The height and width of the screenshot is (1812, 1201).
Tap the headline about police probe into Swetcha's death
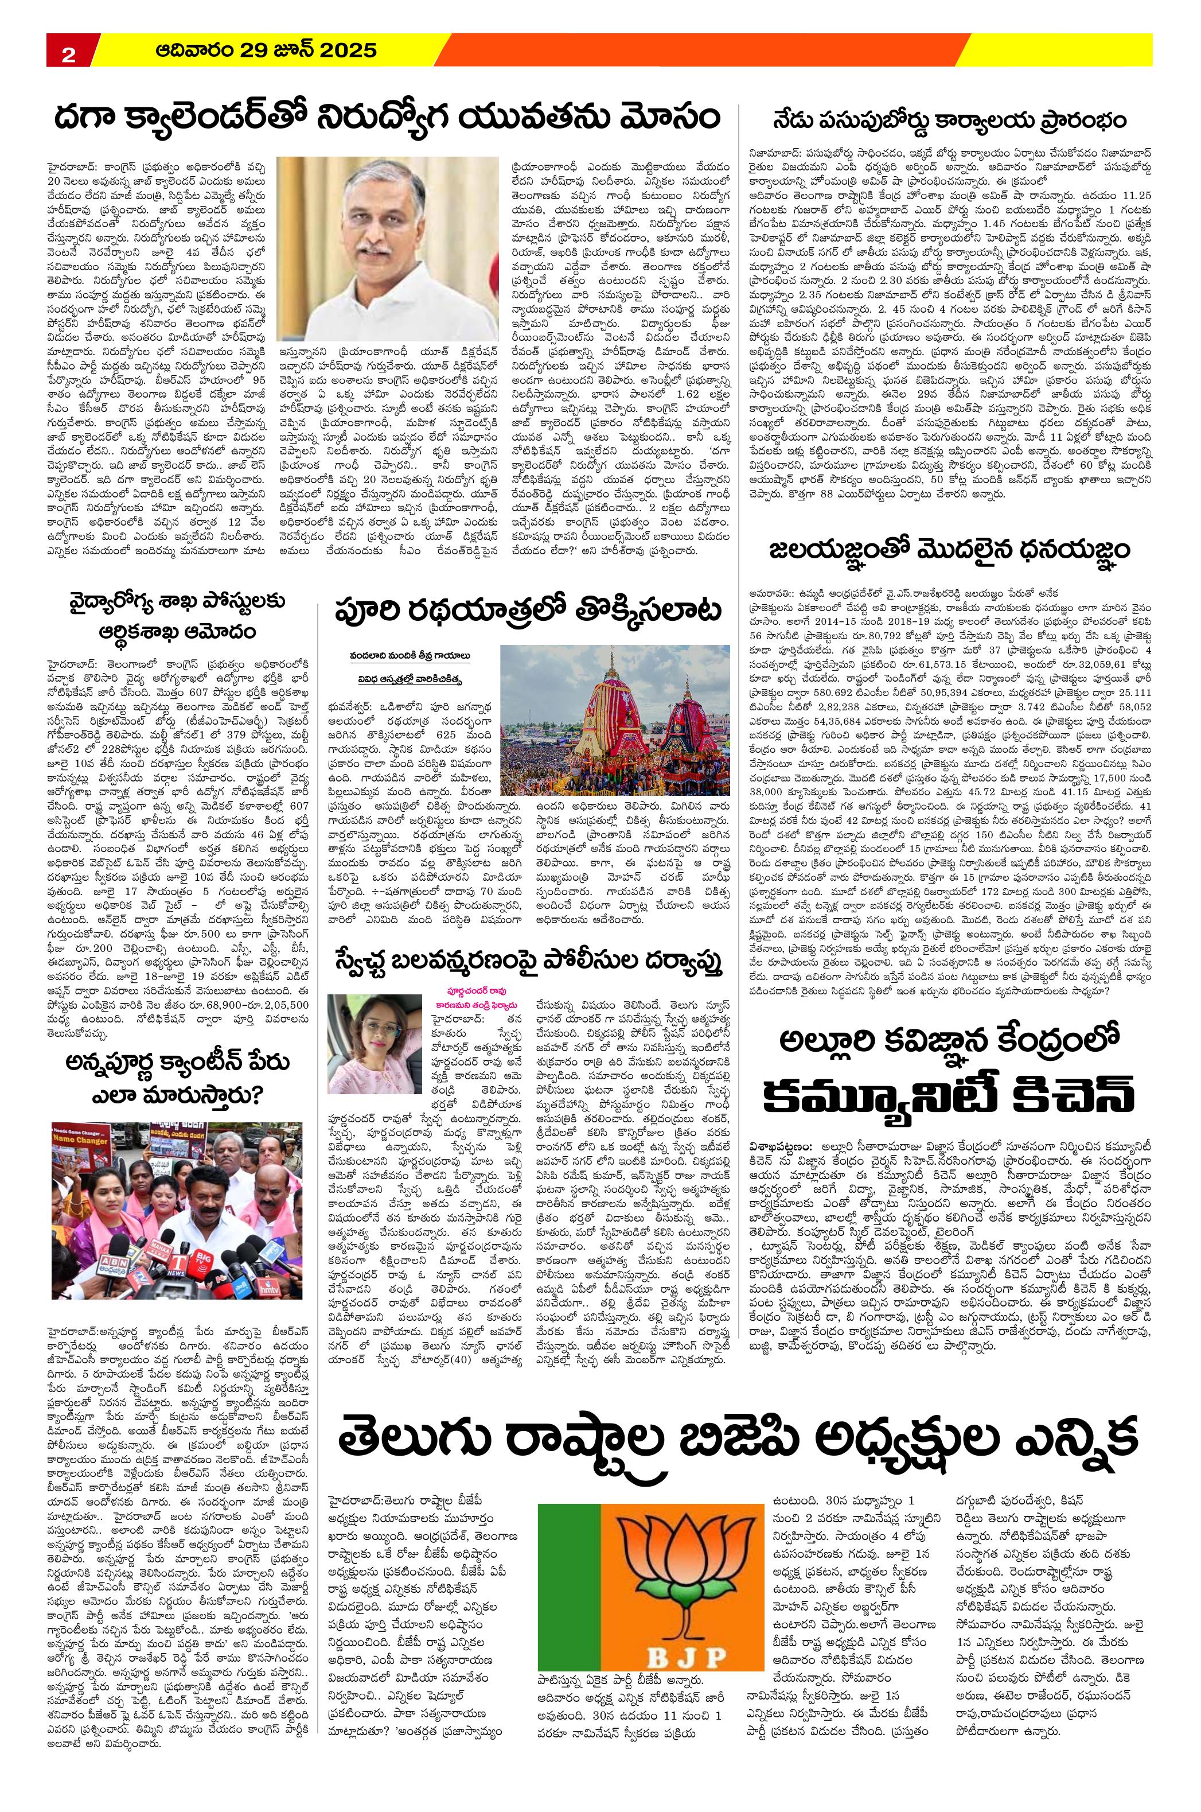[x=528, y=962]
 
